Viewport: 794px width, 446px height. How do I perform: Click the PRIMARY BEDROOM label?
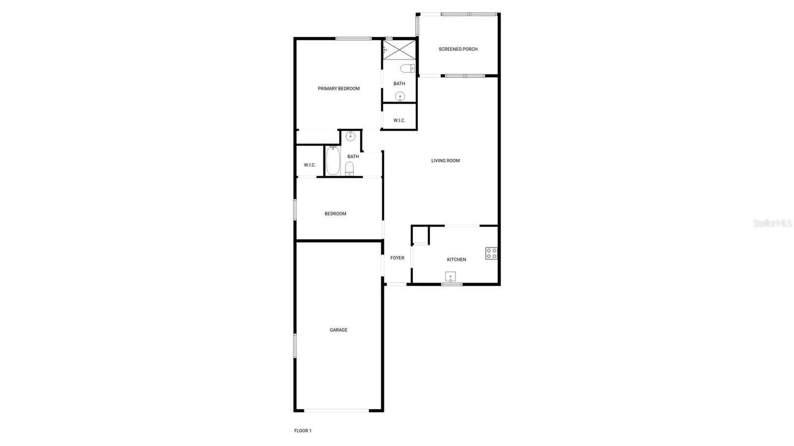click(x=338, y=89)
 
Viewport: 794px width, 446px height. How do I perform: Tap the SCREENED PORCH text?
click(x=458, y=49)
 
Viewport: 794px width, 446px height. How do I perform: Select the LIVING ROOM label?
click(x=445, y=161)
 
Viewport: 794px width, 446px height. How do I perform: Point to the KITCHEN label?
click(x=456, y=259)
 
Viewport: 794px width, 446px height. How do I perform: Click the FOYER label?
click(x=397, y=258)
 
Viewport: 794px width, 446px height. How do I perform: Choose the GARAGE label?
click(x=338, y=330)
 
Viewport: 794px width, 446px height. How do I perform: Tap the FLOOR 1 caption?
click(x=303, y=431)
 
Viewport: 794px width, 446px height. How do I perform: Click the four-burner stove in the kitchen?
click(x=491, y=254)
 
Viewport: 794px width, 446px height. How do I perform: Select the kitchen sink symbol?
click(x=450, y=276)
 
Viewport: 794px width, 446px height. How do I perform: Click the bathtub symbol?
click(x=333, y=161)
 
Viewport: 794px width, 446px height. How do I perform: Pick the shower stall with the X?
click(x=399, y=50)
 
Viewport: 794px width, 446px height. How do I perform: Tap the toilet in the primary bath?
click(x=407, y=68)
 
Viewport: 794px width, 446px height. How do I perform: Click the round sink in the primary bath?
click(x=400, y=96)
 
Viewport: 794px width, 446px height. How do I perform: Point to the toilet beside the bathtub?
click(x=350, y=168)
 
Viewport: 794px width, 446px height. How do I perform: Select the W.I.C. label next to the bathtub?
click(x=310, y=165)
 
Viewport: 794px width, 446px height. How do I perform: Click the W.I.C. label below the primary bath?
click(x=399, y=121)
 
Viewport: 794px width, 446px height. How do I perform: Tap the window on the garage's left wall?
click(x=295, y=345)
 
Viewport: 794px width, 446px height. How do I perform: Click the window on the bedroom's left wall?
click(x=295, y=209)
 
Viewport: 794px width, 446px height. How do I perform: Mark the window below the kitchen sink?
click(x=452, y=284)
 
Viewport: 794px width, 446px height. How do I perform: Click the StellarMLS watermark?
click(x=773, y=224)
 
